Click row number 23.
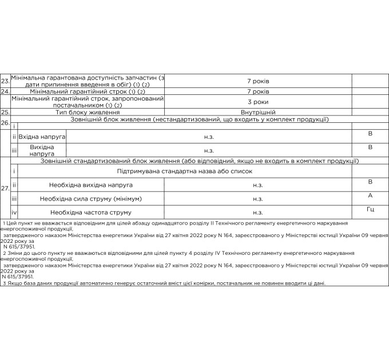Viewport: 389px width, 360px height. tap(5, 81)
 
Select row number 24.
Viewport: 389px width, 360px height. tap(5, 91)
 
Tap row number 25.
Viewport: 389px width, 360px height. tap(5, 113)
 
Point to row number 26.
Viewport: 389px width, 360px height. tap(5, 122)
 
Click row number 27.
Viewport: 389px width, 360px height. tap(5, 188)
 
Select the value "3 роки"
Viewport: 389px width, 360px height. tap(258, 102)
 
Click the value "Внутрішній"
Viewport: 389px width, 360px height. tap(258, 113)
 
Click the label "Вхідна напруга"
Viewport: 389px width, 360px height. tap(43, 137)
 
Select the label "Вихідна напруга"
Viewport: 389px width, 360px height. tap(43, 150)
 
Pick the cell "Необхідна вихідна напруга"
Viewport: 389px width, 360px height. tap(91, 185)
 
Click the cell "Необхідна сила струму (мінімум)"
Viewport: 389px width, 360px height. tap(91, 199)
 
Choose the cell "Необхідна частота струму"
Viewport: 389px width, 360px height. tap(91, 213)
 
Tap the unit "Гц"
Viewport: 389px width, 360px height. tap(370, 209)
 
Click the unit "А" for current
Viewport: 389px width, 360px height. tap(370, 195)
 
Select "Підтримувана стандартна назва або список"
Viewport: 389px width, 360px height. tap(185, 171)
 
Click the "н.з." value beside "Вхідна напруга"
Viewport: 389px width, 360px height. tap(209, 137)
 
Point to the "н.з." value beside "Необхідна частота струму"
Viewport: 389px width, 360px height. tap(258, 213)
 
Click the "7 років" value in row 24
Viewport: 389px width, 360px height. tap(258, 91)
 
